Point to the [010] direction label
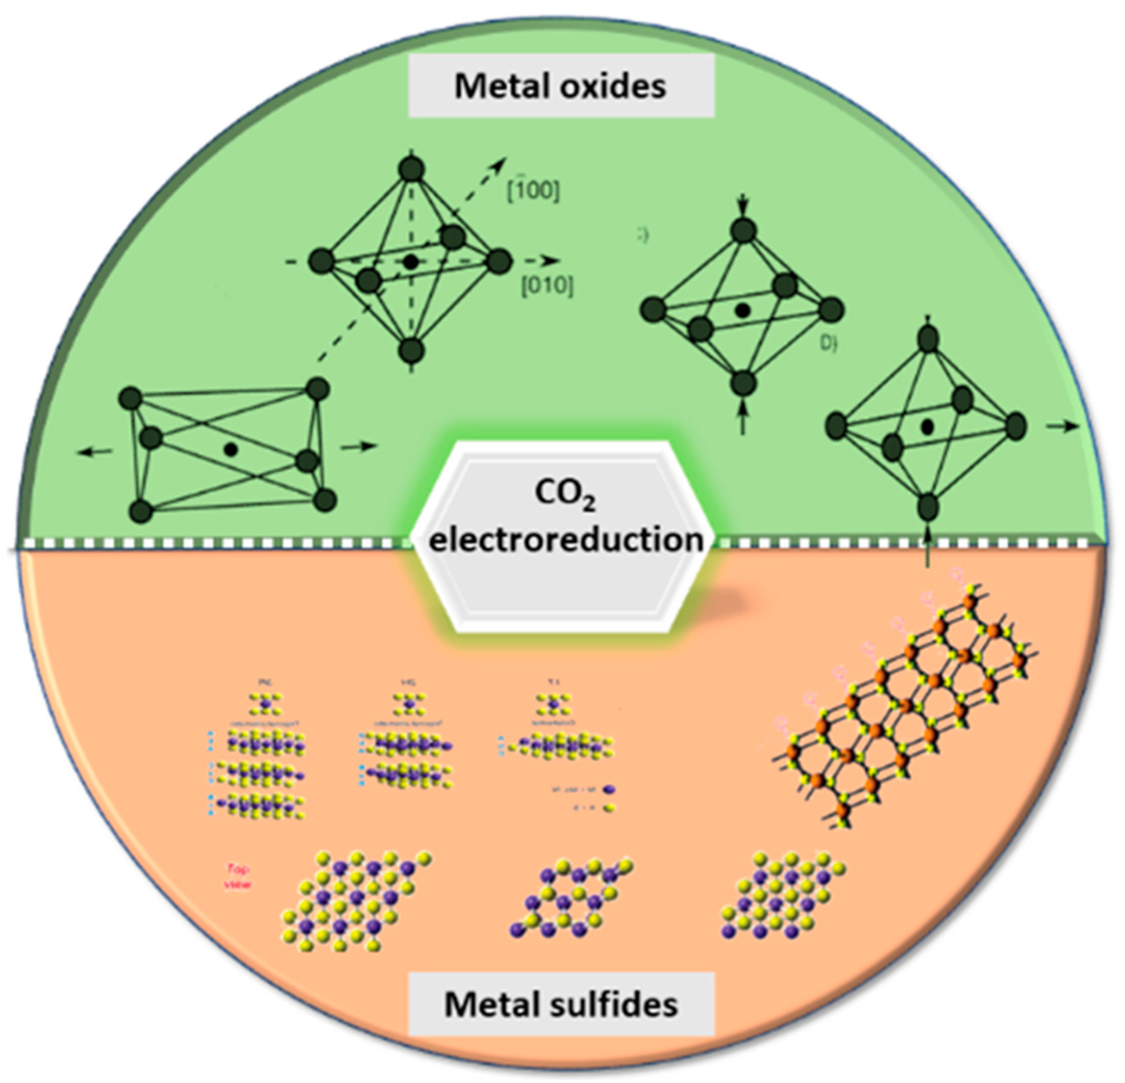547,285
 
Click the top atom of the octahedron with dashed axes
411,169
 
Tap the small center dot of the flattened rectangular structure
231,449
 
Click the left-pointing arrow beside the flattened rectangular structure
95,452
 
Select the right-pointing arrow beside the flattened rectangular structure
360,446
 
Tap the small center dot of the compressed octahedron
743,310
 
